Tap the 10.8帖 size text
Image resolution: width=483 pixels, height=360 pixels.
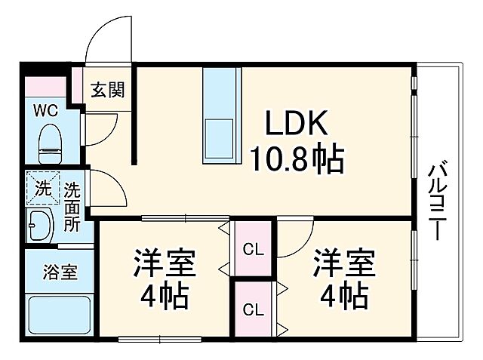[x=297, y=158]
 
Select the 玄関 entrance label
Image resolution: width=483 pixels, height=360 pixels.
[x=109, y=91]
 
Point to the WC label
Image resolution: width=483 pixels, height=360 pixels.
[x=45, y=110]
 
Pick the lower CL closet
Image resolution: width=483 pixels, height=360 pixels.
[x=254, y=309]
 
